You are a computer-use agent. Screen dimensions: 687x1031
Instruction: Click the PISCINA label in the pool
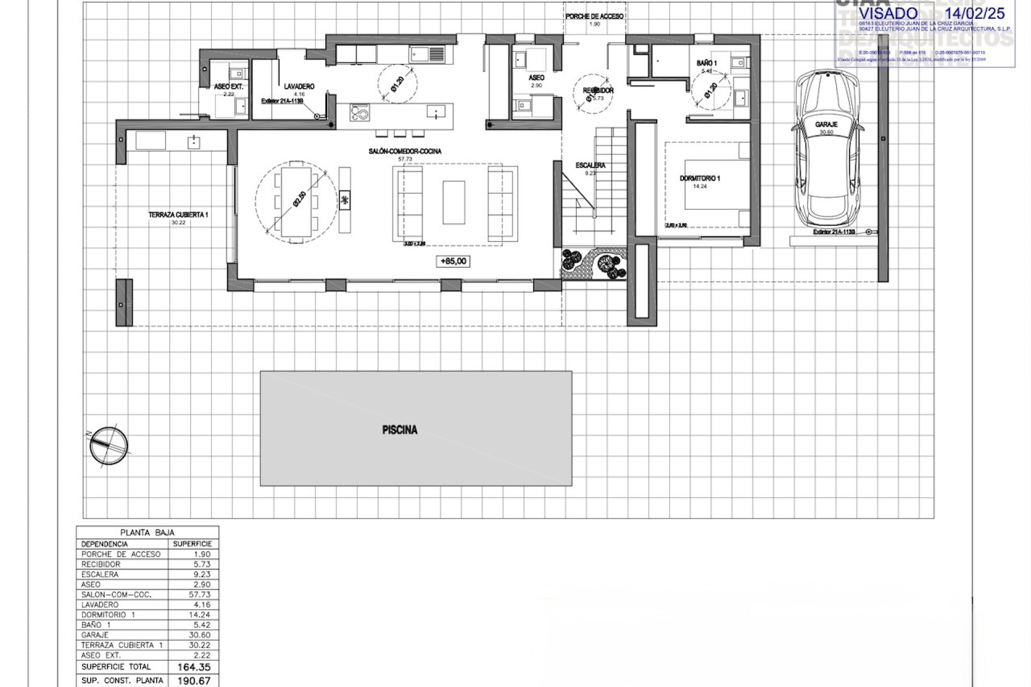click(400, 430)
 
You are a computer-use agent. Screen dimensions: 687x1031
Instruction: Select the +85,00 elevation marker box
click(454, 261)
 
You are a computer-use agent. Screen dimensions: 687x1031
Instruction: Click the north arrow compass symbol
click(109, 445)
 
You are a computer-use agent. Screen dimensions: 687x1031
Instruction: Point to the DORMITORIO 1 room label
click(700, 179)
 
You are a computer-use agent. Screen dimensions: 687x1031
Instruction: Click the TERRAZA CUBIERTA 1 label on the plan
click(178, 215)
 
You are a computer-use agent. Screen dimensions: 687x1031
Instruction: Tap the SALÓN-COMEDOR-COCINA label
click(405, 152)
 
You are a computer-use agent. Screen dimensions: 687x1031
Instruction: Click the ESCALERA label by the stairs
click(590, 166)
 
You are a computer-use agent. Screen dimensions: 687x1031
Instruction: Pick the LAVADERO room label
click(299, 86)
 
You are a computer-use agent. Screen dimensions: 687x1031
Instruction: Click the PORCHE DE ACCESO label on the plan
click(594, 17)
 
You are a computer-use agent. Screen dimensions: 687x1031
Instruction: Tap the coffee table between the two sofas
click(454, 202)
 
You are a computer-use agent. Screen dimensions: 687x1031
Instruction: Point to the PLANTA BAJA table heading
click(147, 533)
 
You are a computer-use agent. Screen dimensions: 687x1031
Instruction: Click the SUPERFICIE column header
click(192, 544)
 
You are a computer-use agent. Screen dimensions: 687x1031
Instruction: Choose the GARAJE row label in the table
click(95, 635)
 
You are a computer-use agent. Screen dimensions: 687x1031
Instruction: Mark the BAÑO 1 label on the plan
click(707, 63)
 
